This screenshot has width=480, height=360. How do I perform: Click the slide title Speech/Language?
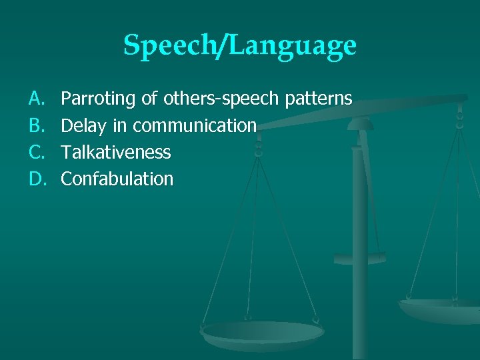(x=240, y=45)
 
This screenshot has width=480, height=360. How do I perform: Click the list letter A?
(x=35, y=99)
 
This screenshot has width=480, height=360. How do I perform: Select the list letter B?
(x=35, y=126)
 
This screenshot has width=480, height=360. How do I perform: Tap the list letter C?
(x=35, y=153)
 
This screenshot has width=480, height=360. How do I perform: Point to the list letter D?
(x=35, y=179)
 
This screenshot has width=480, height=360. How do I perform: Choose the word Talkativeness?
(x=116, y=153)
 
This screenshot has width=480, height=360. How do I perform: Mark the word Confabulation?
(x=117, y=179)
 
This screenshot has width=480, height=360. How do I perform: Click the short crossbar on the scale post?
(x=359, y=257)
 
